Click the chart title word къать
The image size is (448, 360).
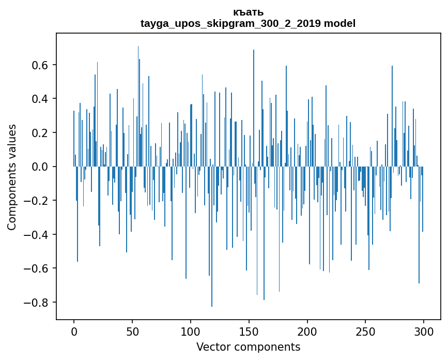coord(248,12)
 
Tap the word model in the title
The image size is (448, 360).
coord(339,23)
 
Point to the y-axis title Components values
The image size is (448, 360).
coord(12,177)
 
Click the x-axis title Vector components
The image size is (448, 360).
coord(248,347)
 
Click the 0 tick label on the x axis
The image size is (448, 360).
coord(74,331)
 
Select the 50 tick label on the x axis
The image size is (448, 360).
coord(132,331)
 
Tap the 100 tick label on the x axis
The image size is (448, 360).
coord(191,331)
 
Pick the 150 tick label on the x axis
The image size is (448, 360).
coord(249,331)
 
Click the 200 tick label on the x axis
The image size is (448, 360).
coord(307,331)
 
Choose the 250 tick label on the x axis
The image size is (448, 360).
coord(365,331)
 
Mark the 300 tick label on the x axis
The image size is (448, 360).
coord(424,331)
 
